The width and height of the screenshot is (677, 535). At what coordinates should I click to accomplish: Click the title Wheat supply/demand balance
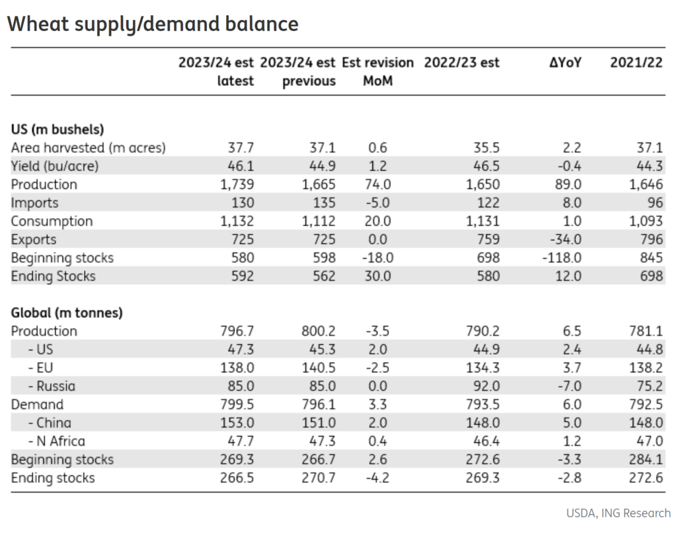click(x=153, y=24)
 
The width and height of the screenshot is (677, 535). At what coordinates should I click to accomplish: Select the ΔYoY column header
click(x=565, y=63)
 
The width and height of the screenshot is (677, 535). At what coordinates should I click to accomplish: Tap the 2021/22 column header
click(x=636, y=63)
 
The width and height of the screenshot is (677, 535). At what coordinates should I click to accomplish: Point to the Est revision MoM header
click(x=378, y=71)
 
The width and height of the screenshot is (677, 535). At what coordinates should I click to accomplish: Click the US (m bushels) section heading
click(x=58, y=130)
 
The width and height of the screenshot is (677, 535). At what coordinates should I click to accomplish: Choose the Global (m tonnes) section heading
click(x=67, y=313)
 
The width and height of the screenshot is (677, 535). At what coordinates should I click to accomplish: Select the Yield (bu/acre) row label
click(x=55, y=166)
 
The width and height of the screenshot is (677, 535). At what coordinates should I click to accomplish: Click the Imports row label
click(x=34, y=203)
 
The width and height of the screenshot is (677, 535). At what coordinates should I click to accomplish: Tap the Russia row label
click(x=52, y=386)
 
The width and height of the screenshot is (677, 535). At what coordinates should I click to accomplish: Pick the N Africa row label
click(x=57, y=441)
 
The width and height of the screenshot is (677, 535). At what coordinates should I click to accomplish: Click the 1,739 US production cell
click(x=237, y=185)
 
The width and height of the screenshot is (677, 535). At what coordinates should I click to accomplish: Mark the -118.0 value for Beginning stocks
click(x=562, y=258)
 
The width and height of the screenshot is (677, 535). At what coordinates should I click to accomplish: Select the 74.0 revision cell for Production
click(x=378, y=185)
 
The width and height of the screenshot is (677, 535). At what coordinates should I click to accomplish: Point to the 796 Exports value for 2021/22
click(x=651, y=239)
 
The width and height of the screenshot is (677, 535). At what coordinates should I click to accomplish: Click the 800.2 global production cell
click(x=318, y=331)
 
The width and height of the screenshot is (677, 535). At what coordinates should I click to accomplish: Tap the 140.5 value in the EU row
click(x=318, y=368)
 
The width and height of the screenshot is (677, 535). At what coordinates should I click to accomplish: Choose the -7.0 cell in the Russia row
click(x=569, y=386)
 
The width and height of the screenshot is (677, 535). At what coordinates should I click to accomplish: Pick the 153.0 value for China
click(x=237, y=423)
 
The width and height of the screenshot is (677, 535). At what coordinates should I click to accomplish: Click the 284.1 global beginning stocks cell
click(x=645, y=460)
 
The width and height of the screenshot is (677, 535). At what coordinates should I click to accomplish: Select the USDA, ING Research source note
click(x=618, y=513)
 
